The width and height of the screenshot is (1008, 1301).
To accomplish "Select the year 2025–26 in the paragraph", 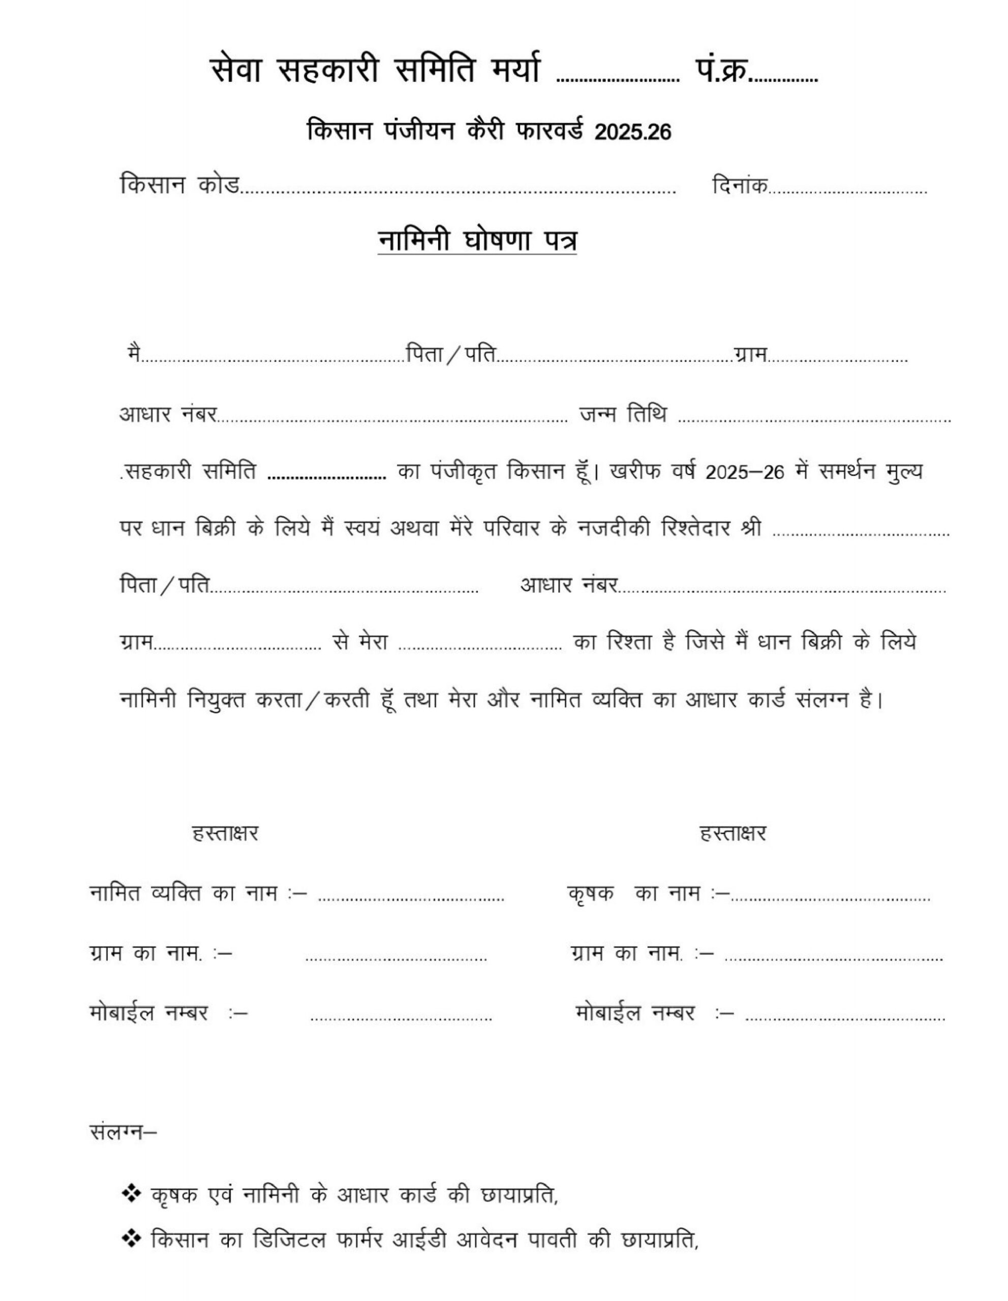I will click(x=744, y=472).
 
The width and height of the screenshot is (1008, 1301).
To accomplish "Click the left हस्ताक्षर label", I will click(x=225, y=833).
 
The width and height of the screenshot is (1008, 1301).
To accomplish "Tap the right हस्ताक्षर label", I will click(x=733, y=833).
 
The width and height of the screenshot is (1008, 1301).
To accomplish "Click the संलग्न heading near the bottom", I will click(x=123, y=1131).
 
